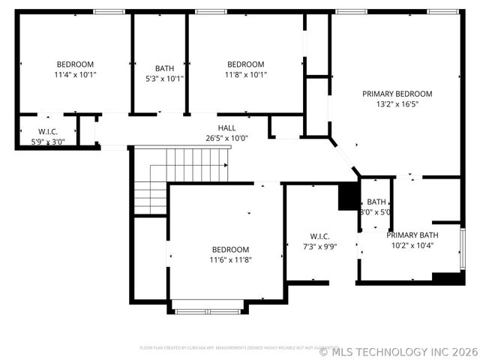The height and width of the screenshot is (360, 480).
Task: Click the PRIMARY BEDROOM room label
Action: [397, 94]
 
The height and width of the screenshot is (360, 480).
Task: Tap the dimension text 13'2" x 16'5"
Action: [397, 104]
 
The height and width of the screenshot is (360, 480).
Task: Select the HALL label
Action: [226, 128]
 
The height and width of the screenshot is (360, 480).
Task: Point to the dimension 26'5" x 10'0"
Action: [226, 138]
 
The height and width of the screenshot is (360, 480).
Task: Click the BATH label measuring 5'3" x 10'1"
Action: [164, 68]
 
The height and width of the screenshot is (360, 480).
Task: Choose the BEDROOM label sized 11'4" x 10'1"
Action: [75, 64]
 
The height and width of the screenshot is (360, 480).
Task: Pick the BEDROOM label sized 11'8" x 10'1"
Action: [246, 64]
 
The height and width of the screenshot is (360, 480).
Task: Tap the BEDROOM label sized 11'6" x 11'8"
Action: [229, 249]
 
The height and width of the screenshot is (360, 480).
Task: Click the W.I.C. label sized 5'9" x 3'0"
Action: [48, 131]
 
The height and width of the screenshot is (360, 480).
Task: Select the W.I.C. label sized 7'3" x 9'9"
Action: [319, 236]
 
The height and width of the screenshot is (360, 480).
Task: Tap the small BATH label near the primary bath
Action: [376, 202]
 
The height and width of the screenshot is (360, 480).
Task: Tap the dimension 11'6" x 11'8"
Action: [229, 259]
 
